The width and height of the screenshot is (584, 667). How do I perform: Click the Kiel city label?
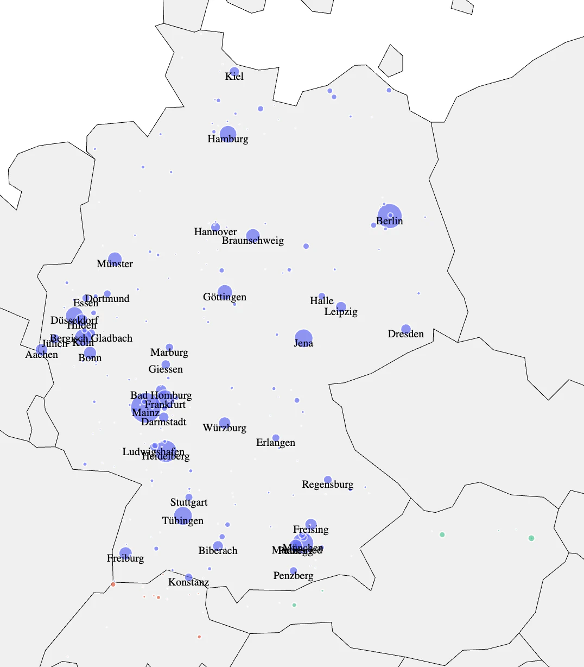pos(234,77)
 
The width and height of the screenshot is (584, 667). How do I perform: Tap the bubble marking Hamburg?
pos(228,134)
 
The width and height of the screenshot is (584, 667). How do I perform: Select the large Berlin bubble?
pos(390,216)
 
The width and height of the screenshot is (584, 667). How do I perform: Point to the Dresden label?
pos(406,334)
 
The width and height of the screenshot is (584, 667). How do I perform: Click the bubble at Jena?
pos(303,338)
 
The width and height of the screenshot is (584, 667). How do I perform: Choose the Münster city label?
pos(115,264)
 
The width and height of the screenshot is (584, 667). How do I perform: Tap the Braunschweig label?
pos(253,241)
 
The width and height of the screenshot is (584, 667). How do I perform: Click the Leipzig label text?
pos(341,312)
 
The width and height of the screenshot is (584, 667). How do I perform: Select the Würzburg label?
pos(225,428)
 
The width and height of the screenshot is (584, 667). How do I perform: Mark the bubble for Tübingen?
pos(183,516)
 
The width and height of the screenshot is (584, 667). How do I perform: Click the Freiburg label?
pos(125,558)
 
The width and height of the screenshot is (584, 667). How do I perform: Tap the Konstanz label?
pos(189,582)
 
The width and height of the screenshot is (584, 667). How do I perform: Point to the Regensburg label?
pos(328,484)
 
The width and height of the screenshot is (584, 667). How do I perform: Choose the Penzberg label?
pos(294,576)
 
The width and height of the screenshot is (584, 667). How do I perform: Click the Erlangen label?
pos(276,443)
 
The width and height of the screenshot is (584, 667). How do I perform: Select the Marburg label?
pos(169,353)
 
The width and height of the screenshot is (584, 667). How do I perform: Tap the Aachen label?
pos(42,355)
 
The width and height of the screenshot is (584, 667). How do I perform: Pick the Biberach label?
pos(218,551)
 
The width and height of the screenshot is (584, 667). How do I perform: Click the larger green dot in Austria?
pos(531,538)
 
